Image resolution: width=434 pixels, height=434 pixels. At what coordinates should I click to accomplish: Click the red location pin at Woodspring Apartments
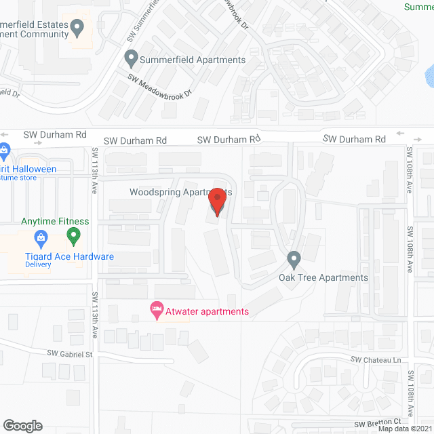click(x=217, y=202)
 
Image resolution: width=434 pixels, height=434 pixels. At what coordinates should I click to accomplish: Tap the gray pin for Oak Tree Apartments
click(x=294, y=258)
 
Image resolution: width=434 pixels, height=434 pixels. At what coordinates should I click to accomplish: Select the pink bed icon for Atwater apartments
click(x=157, y=311)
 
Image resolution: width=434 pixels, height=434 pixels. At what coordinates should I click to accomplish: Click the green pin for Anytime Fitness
click(x=74, y=236)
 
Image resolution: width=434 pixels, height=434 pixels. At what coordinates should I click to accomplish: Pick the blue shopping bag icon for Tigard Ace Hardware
click(x=41, y=237)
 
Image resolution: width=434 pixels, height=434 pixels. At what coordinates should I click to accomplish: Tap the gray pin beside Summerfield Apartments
click(x=131, y=59)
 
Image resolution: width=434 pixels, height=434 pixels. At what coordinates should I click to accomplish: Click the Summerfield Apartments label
click(x=193, y=60)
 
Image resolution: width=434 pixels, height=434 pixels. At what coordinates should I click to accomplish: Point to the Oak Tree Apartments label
click(x=323, y=277)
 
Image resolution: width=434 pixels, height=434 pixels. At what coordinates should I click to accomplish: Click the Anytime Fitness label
click(x=55, y=221)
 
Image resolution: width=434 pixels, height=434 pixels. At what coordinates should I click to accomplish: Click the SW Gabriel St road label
click(x=69, y=354)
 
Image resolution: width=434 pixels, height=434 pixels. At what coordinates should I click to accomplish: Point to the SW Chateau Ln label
click(x=376, y=359)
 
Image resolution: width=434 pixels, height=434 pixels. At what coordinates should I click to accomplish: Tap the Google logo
click(x=23, y=426)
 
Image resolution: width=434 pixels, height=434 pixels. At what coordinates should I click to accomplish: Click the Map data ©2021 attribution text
click(x=405, y=428)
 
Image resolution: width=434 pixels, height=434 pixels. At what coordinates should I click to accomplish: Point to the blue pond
click(x=429, y=75)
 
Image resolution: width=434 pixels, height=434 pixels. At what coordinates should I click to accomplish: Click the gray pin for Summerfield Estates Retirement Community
click(x=77, y=28)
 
